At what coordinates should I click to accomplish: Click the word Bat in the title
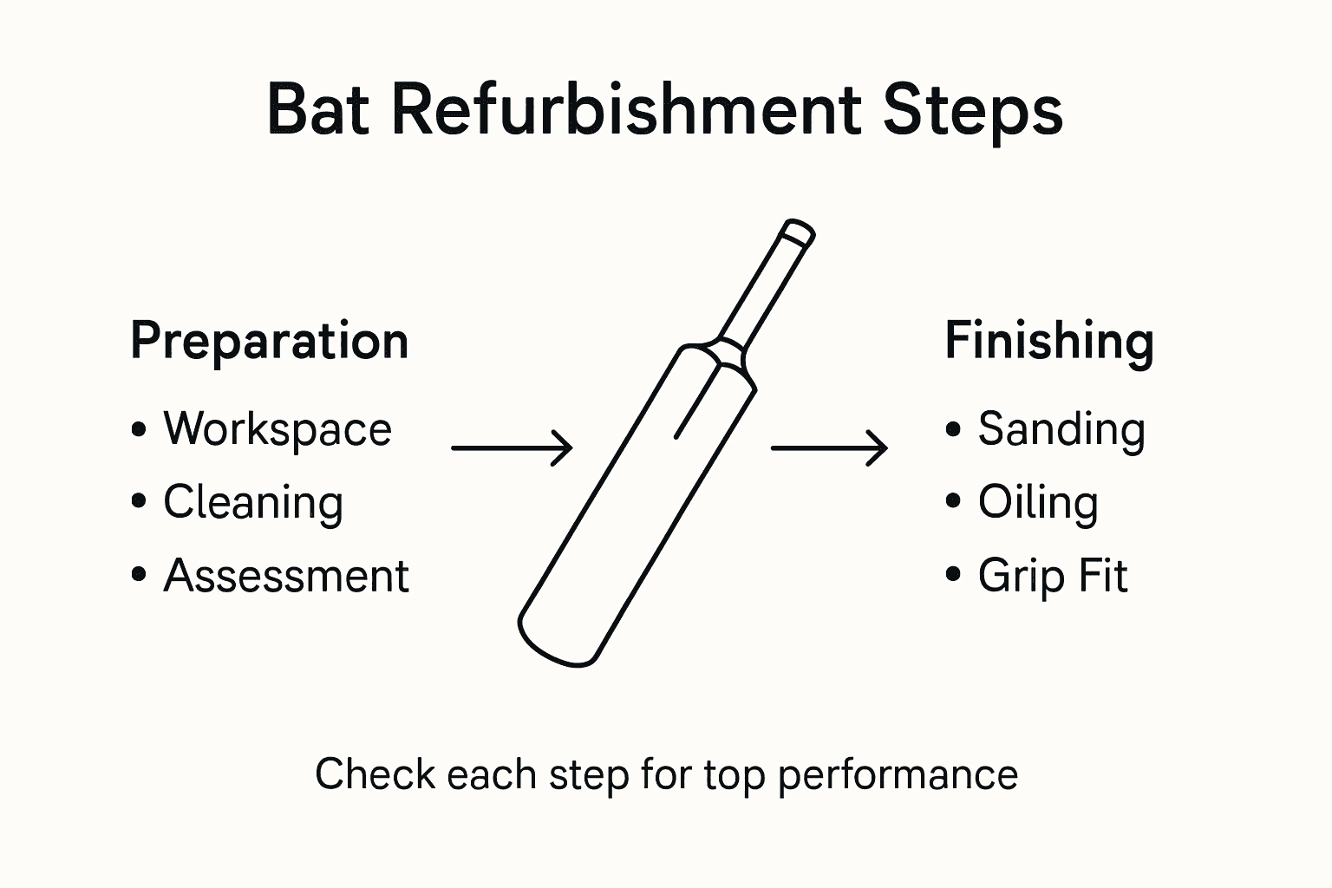(320, 110)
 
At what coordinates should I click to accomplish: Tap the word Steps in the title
(972, 112)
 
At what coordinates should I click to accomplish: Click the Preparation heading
(269, 341)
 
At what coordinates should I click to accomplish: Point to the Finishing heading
(1048, 341)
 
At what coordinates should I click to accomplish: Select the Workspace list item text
(277, 429)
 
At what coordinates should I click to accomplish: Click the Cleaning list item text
(253, 503)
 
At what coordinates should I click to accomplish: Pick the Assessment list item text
(286, 576)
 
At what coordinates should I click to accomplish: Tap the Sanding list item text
(1061, 429)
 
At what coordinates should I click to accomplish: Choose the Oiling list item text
(1038, 503)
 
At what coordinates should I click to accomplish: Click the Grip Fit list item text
(1053, 576)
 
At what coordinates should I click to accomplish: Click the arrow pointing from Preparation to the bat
(512, 448)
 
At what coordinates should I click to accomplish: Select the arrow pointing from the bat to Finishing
(829, 448)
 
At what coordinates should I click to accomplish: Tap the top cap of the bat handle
(798, 233)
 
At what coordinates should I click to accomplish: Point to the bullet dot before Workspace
(139, 429)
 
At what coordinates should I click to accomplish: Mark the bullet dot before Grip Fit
(954, 575)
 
